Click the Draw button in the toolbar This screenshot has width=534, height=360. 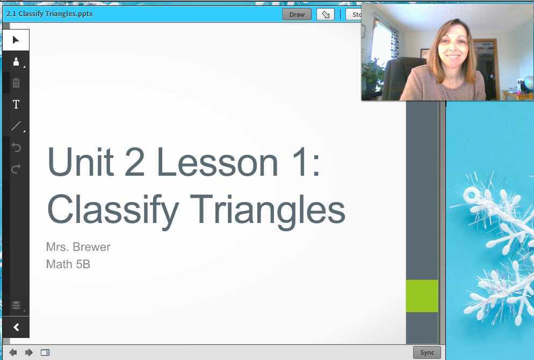click(297, 15)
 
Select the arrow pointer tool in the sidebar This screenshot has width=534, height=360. click(16, 40)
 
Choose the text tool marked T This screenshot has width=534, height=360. click(16, 104)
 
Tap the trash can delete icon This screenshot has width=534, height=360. click(16, 83)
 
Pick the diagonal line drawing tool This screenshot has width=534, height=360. click(16, 126)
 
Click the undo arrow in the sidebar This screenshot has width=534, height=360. click(16, 147)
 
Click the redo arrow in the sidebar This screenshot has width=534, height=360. click(16, 169)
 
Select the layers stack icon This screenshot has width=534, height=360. click(16, 305)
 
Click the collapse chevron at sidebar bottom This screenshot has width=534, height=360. click(16, 327)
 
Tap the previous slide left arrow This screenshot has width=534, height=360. click(13, 352)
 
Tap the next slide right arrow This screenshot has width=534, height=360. click(29, 352)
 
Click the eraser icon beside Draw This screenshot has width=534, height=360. click(326, 15)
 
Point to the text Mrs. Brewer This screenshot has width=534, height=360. click(78, 247)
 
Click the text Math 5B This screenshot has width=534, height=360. click(68, 264)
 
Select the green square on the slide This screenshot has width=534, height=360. click(422, 296)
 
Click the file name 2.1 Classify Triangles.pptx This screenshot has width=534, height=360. click(49, 14)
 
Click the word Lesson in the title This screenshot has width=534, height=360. click(217, 162)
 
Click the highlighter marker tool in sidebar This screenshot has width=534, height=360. click(16, 61)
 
